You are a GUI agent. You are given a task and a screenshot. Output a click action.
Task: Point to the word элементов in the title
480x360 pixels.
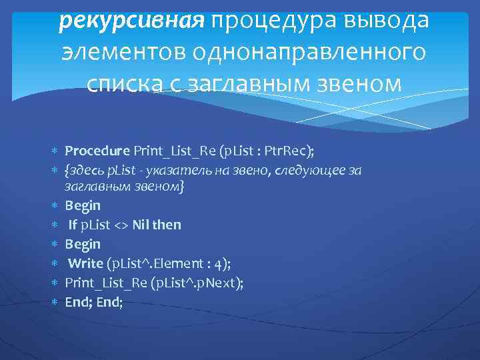click(123, 53)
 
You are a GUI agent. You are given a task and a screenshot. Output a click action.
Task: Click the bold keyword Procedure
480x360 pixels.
click(97, 148)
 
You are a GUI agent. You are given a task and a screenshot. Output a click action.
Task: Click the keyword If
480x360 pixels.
click(73, 225)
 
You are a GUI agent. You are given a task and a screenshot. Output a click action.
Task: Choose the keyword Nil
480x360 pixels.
click(140, 225)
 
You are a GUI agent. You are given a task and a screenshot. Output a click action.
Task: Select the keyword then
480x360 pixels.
click(167, 225)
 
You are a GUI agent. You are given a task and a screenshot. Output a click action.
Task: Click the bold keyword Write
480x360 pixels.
click(85, 263)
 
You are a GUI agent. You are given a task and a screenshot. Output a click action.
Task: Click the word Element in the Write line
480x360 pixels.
click(157, 263)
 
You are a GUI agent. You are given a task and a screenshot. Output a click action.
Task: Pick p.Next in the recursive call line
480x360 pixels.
click(219, 283)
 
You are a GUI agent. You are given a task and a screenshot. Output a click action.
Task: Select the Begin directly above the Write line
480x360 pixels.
click(83, 244)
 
